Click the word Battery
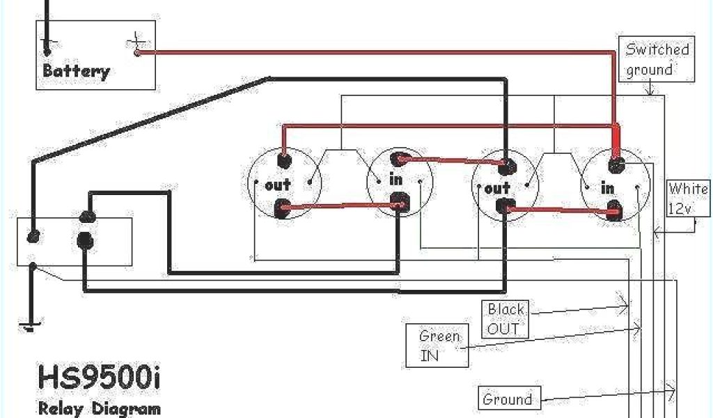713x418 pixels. click(76, 70)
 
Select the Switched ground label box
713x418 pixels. click(657, 60)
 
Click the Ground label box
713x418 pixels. click(508, 399)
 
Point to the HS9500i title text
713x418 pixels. click(99, 380)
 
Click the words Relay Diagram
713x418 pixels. click(98, 408)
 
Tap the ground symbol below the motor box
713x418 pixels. click(30, 325)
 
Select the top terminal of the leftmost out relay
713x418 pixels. click(283, 161)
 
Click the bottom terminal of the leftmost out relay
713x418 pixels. click(283, 208)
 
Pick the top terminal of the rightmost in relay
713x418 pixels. click(616, 165)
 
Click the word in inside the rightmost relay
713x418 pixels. click(608, 188)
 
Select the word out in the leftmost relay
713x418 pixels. click(278, 185)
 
